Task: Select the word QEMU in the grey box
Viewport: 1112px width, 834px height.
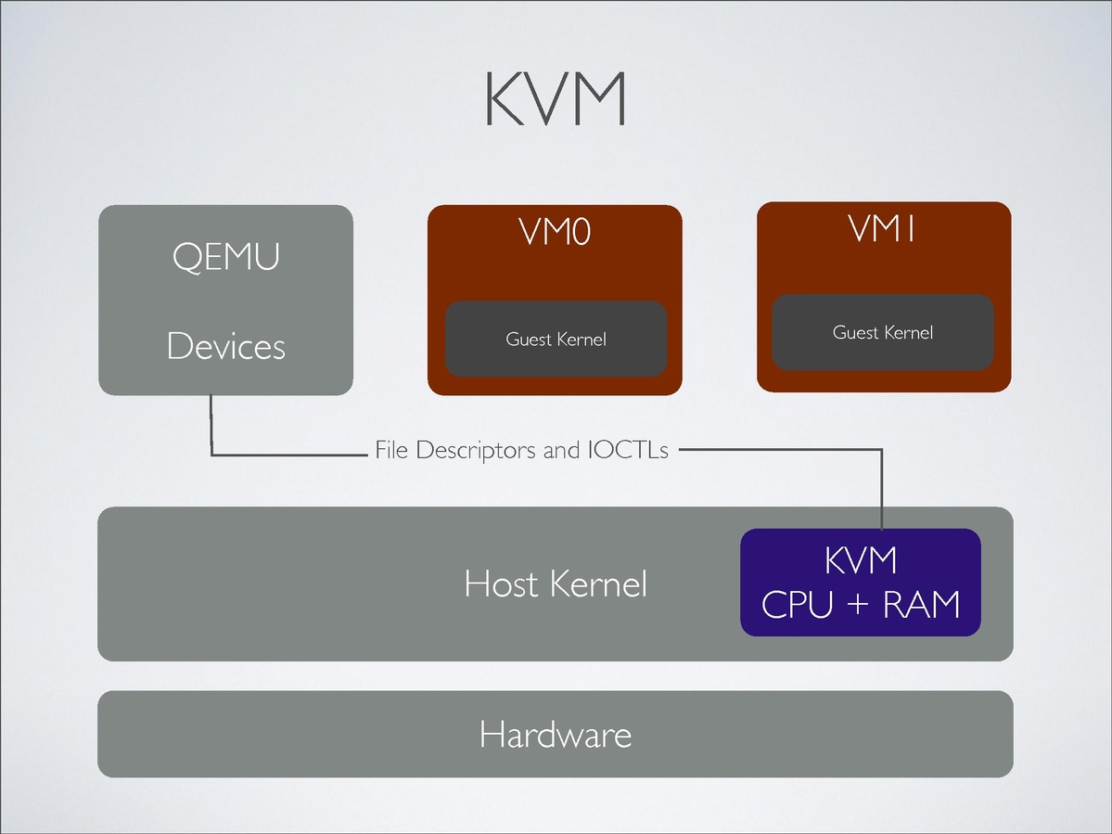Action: click(225, 256)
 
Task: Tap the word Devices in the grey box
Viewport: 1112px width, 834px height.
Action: click(225, 346)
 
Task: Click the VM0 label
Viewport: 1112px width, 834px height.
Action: click(555, 232)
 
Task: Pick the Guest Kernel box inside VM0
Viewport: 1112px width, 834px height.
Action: click(556, 339)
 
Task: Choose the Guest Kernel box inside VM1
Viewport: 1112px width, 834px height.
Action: click(883, 332)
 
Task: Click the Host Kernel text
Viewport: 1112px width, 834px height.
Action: click(555, 584)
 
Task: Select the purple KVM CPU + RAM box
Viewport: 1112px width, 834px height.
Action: click(860, 583)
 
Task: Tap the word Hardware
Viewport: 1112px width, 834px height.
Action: click(555, 735)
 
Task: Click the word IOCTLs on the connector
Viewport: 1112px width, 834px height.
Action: click(627, 452)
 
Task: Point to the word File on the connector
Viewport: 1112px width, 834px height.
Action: click(392, 452)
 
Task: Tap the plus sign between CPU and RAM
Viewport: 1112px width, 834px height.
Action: click(858, 605)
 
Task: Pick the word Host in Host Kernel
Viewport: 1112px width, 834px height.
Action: click(502, 584)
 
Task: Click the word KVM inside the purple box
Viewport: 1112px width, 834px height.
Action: click(860, 561)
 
